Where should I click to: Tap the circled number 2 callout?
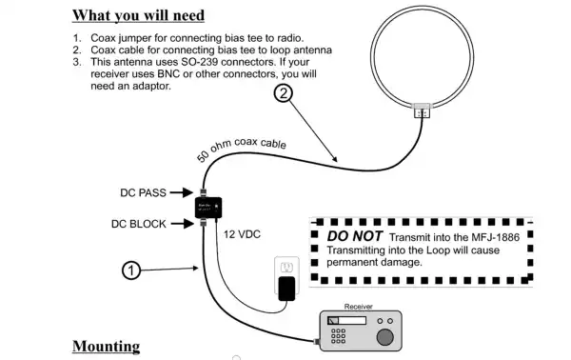pyautogui.click(x=283, y=92)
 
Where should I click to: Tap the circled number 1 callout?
pyautogui.click(x=133, y=270)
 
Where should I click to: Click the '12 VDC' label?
pyautogui.click(x=243, y=233)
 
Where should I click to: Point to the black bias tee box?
pyautogui.click(x=209, y=208)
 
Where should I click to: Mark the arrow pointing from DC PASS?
pyautogui.click(x=182, y=192)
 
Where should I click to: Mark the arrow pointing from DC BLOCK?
pyautogui.click(x=182, y=224)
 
